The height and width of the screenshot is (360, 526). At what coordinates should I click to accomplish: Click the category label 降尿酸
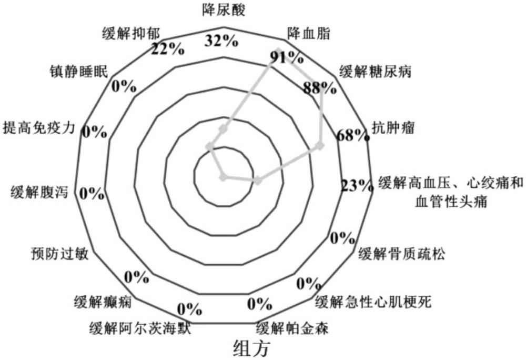coord(223,9)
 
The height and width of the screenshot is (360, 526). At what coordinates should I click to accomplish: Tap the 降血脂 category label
coord(309,33)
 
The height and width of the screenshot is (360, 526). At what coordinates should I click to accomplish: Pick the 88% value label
coord(319,87)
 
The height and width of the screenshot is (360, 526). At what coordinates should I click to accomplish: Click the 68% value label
coord(351,135)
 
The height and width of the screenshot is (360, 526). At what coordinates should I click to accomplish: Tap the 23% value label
coord(356,186)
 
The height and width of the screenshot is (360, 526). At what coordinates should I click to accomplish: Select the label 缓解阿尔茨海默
coord(139,329)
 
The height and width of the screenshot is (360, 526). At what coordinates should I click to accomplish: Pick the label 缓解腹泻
coord(39,192)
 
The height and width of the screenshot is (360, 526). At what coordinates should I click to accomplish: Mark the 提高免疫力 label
coord(40,127)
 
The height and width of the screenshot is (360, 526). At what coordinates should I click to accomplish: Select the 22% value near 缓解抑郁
coord(167,49)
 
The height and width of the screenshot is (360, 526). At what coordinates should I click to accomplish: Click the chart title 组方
coord(251,348)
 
